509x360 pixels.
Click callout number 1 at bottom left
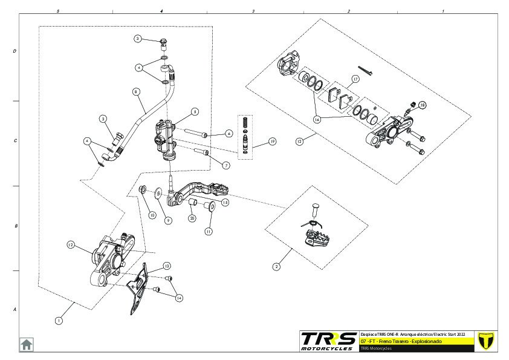(x=59, y=321)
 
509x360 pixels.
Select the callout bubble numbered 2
(x=277, y=266)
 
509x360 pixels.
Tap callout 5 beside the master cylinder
(x=195, y=111)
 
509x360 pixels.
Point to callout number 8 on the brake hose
(x=136, y=92)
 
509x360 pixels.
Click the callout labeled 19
(x=273, y=142)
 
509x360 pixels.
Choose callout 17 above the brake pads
(x=355, y=79)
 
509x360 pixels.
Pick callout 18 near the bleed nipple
(x=422, y=105)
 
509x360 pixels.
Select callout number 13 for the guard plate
(x=167, y=266)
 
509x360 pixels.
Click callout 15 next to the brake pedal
(x=225, y=203)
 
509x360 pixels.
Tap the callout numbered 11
(x=209, y=231)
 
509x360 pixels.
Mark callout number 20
(x=192, y=218)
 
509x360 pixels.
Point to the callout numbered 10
(x=152, y=215)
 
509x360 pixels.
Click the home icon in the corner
(x=27, y=344)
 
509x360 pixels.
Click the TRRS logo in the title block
(x=329, y=341)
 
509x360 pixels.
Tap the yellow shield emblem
(x=485, y=340)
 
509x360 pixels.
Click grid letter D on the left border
(x=15, y=51)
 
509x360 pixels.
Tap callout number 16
(x=316, y=120)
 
